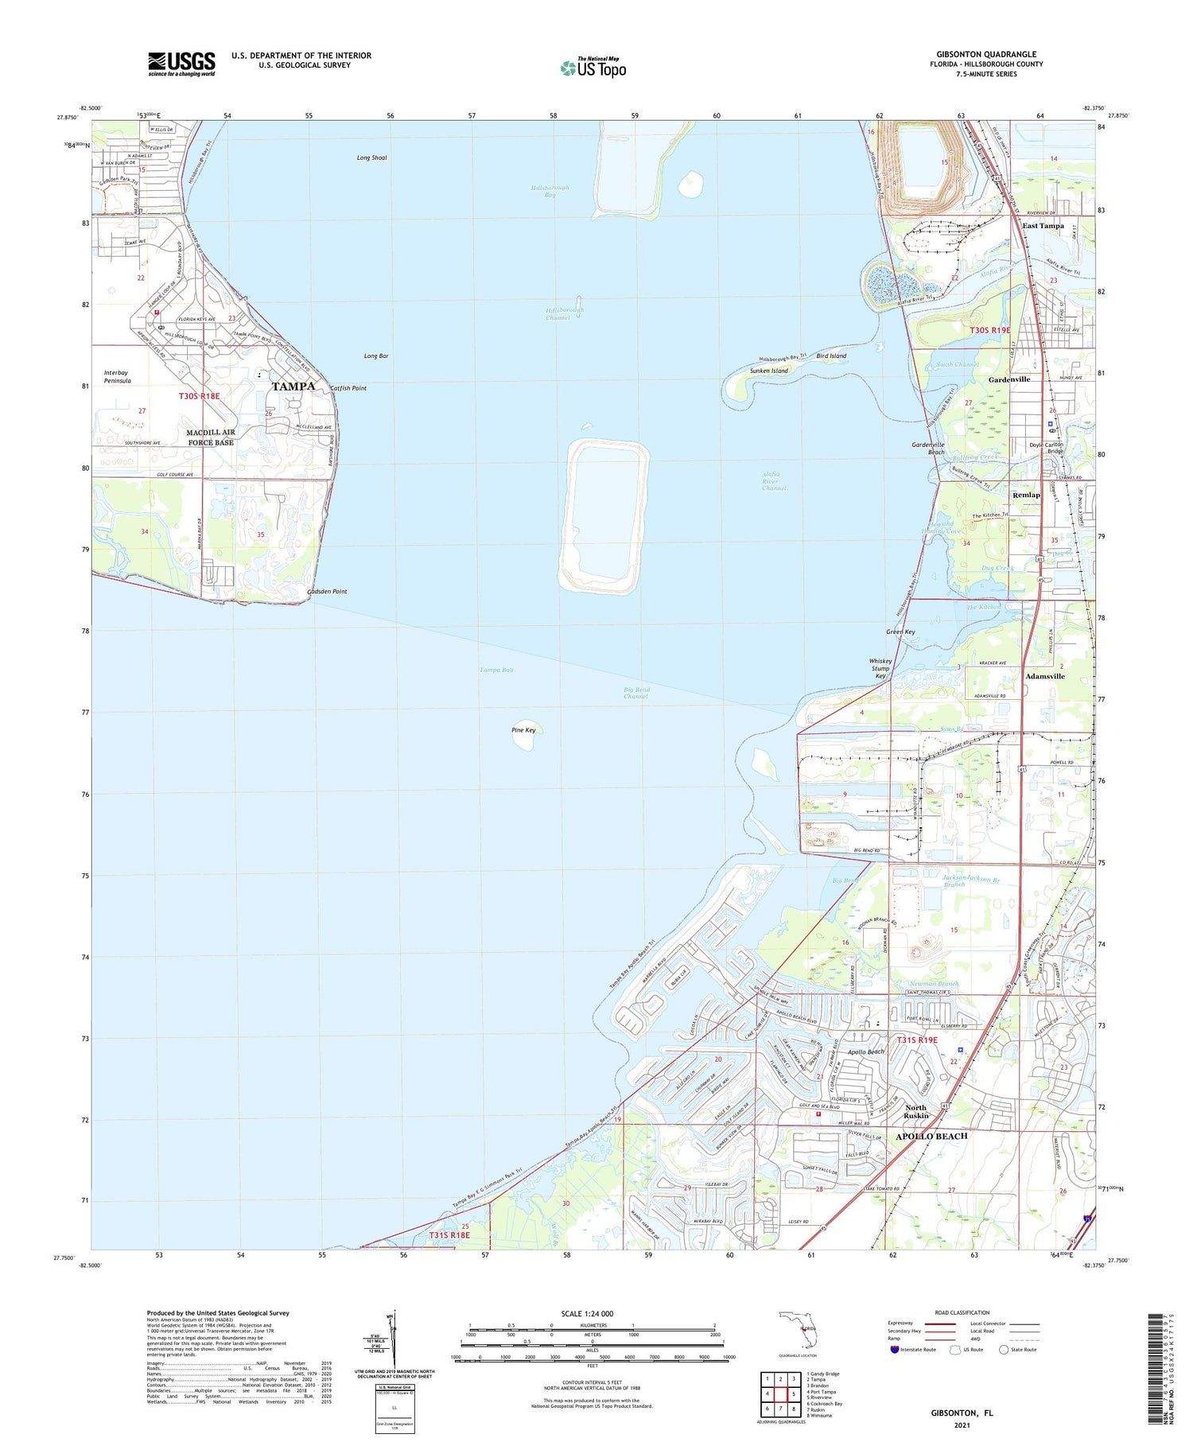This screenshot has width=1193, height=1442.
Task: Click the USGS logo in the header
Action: click(181, 64)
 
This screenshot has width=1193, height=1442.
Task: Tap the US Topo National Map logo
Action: click(593, 68)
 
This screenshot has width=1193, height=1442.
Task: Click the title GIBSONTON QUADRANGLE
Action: click(985, 54)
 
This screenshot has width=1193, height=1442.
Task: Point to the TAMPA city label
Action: click(293, 387)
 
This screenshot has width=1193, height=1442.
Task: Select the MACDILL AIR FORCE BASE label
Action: click(210, 437)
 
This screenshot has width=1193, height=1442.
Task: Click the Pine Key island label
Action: click(523, 729)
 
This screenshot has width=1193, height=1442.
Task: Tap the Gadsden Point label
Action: click(327, 592)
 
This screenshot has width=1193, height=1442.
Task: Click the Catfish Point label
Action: click(348, 388)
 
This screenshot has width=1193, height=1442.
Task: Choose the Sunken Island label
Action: click(768, 371)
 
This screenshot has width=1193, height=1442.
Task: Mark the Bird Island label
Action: click(831, 356)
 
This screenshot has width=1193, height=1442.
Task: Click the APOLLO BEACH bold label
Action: click(931, 1136)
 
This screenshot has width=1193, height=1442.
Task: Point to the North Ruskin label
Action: click(915, 1111)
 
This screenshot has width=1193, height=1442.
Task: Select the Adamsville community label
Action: click(1044, 676)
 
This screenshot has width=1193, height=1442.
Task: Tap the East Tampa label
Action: click(1043, 226)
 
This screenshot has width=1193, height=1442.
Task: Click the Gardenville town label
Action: click(1008, 379)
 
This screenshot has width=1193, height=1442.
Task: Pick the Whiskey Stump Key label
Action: click(880, 668)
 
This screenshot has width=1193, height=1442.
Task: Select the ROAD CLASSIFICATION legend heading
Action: click(962, 1312)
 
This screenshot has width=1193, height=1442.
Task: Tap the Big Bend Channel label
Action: click(635, 693)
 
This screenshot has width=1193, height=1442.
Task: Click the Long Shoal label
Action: click(371, 158)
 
